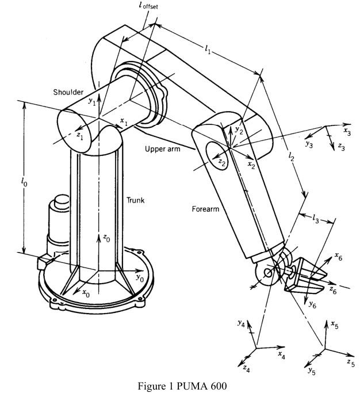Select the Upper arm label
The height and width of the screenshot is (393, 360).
[x=163, y=149]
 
